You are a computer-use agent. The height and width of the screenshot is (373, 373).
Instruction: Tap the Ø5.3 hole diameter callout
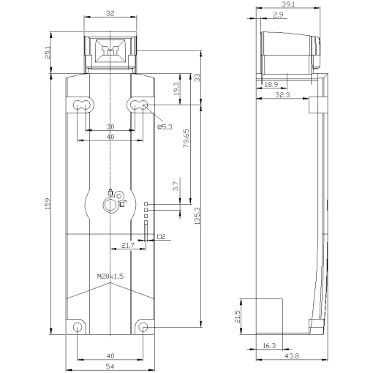tap(165, 127)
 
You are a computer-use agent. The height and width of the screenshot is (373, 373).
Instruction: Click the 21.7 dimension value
tap(127, 244)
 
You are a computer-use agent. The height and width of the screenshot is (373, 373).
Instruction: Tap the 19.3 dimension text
tap(176, 89)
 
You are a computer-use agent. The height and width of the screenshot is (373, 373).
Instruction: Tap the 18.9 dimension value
tap(269, 85)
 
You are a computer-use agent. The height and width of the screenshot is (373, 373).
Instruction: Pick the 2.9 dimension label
tap(279, 15)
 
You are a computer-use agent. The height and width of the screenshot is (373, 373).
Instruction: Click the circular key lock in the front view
tap(110, 206)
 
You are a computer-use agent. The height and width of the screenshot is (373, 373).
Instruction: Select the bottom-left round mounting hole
tap(78, 326)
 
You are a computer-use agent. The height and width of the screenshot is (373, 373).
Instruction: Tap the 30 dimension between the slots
tap(109, 126)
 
